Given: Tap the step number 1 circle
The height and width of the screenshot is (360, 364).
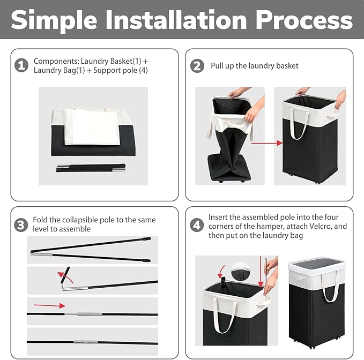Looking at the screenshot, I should (21, 66).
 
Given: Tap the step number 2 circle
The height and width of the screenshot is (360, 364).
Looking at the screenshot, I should (197, 66).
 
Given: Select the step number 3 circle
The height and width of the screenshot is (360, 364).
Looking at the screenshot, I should (21, 225).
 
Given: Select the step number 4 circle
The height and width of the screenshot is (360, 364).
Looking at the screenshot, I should (197, 225).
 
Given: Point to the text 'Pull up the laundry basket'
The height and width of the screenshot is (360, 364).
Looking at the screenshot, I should (254, 66).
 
